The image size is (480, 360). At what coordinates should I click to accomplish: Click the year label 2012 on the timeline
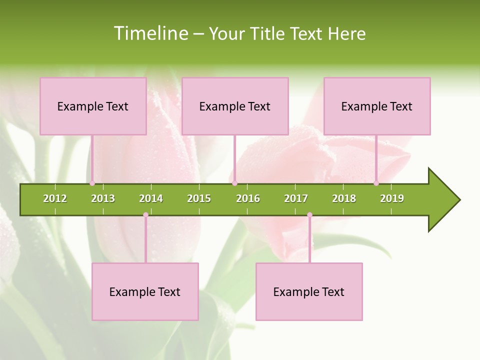[x=55, y=198]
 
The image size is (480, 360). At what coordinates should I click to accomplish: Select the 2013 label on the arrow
[x=103, y=198]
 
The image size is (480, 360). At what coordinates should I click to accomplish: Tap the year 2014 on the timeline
[x=151, y=198]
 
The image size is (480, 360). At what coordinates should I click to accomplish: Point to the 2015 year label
[x=199, y=198]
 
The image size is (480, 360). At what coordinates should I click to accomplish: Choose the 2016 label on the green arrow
[x=248, y=198]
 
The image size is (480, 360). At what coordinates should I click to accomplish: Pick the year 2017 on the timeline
[x=296, y=198]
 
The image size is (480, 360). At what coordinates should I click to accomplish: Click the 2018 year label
[x=344, y=198]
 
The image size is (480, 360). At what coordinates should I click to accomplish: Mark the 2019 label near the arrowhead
[x=392, y=198]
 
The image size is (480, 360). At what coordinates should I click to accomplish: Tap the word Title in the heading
[x=268, y=33]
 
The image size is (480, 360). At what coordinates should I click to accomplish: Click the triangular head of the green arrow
[x=443, y=200]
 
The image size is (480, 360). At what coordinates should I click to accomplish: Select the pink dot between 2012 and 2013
[x=92, y=183]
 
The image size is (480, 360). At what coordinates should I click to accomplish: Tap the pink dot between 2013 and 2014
[x=145, y=215]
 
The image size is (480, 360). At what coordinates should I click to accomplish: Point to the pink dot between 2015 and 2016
[x=234, y=183]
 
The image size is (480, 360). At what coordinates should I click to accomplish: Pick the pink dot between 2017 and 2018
[x=309, y=215]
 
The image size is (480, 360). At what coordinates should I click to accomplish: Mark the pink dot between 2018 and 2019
[x=376, y=183]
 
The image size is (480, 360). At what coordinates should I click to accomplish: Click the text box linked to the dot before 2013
[x=93, y=106]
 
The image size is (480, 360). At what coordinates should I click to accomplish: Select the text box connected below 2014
[x=145, y=291]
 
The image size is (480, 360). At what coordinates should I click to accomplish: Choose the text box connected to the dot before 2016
[x=235, y=106]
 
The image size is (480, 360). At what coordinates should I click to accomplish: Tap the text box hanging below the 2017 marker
[x=309, y=291]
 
